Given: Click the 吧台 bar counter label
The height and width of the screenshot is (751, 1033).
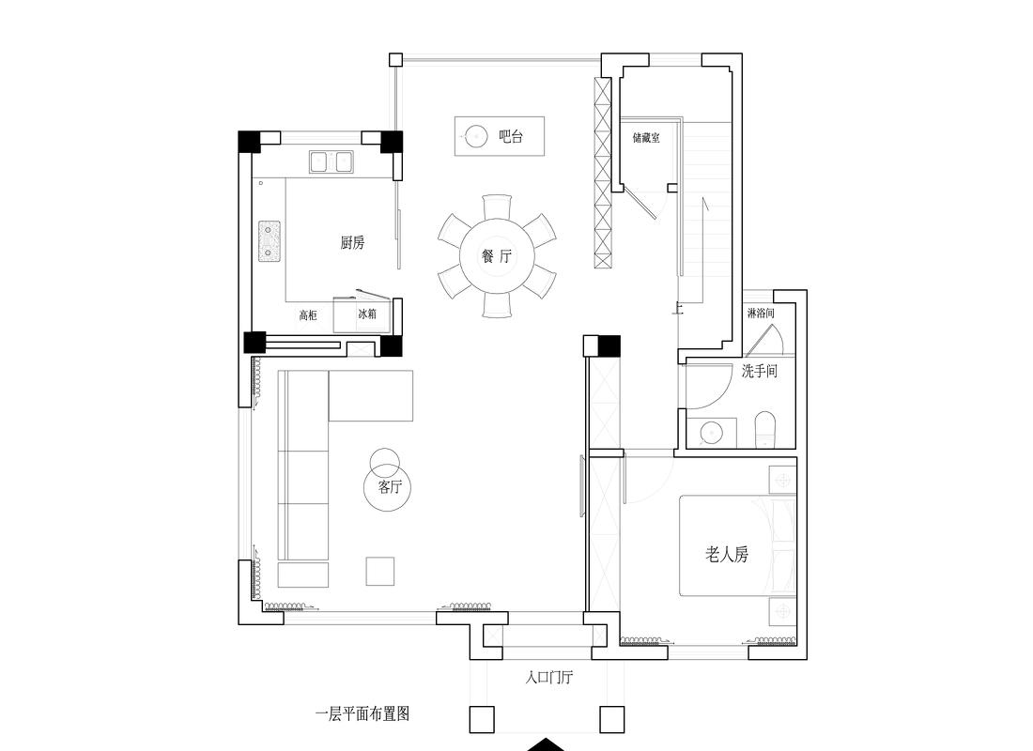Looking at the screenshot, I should click(x=510, y=137).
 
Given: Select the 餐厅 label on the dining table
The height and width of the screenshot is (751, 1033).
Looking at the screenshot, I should click(x=496, y=256).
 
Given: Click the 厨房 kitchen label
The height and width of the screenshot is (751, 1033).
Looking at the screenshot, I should click(x=352, y=243).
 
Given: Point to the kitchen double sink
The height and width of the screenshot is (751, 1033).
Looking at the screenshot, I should click(x=331, y=162).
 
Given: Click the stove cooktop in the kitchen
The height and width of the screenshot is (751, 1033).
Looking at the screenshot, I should click(x=270, y=241).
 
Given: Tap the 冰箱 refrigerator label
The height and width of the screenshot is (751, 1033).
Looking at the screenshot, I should click(x=366, y=314).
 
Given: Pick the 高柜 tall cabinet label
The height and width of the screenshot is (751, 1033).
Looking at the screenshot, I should click(x=308, y=315).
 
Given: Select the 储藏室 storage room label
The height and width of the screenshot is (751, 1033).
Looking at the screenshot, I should click(x=646, y=138).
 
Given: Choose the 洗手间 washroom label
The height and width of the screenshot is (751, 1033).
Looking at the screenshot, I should click(x=759, y=372).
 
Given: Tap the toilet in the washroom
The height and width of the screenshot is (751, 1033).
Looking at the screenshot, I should click(x=765, y=430).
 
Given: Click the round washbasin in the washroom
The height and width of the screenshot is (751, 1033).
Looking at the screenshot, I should click(x=713, y=432).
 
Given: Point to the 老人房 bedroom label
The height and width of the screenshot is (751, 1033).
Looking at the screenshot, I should click(x=727, y=555).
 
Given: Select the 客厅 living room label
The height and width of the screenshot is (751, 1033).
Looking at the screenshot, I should click(x=390, y=487).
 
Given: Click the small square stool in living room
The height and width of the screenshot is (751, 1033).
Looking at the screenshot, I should click(x=380, y=571).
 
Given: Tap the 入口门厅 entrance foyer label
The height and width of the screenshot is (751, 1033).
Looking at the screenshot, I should click(x=549, y=676).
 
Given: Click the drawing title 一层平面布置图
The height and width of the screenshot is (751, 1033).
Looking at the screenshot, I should click(x=362, y=713).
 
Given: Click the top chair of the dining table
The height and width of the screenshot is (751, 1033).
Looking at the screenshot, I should click(x=496, y=207).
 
